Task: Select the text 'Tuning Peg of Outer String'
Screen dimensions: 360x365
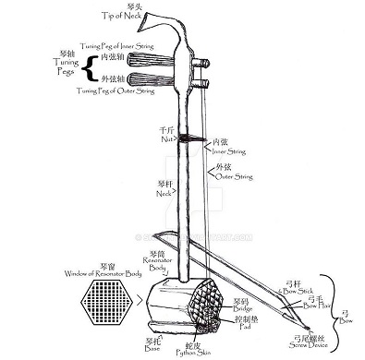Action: (116, 92)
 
